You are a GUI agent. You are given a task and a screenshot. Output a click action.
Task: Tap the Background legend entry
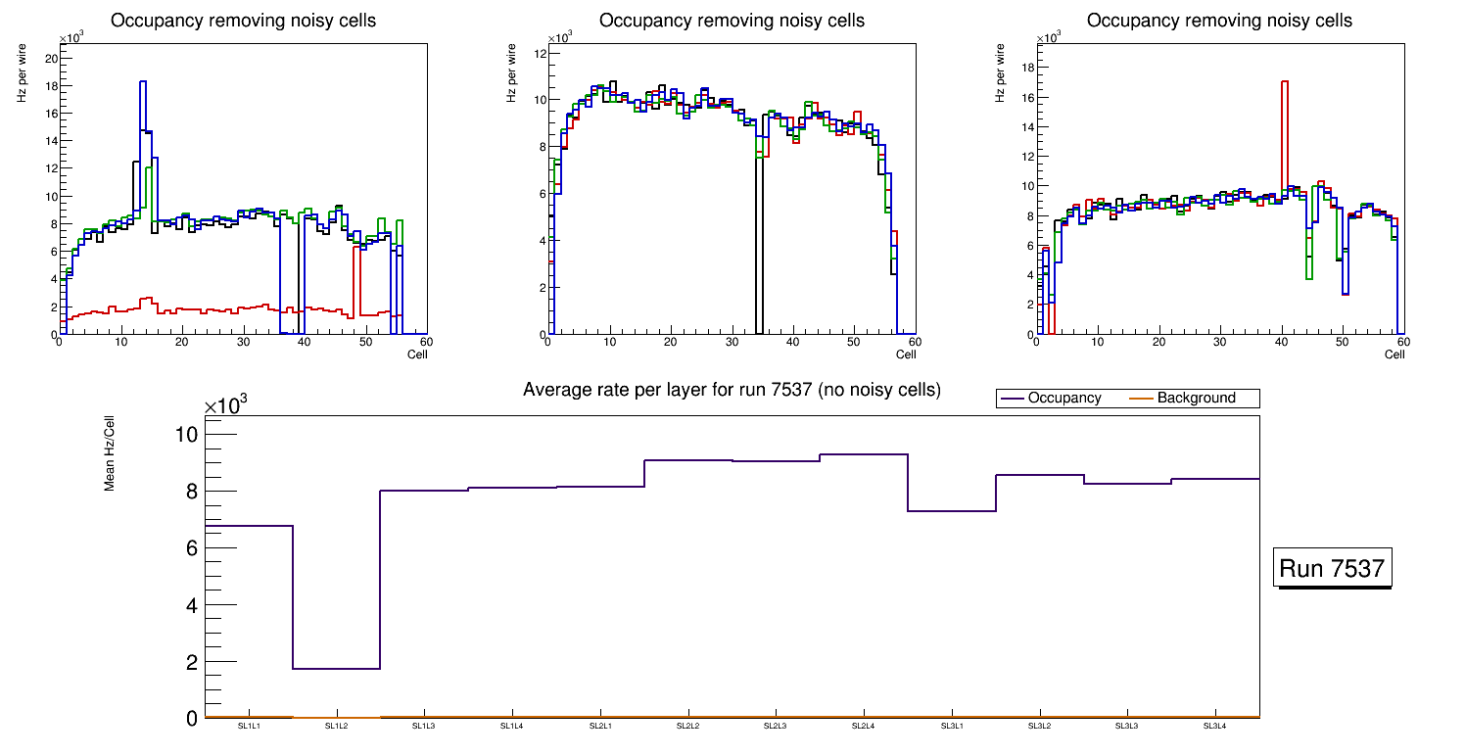(1196, 399)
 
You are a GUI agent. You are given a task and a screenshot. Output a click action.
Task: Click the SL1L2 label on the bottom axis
(337, 726)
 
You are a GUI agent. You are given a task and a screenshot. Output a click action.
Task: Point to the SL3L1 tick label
(951, 726)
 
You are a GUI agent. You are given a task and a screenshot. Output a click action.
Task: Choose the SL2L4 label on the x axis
(863, 726)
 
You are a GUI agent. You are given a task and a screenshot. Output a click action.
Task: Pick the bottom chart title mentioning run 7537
(732, 390)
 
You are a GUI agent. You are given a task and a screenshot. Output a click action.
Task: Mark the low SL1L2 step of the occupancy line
(336, 669)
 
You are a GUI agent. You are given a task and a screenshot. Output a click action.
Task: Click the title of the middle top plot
(732, 21)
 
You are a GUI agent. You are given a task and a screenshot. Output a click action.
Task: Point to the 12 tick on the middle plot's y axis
(538, 53)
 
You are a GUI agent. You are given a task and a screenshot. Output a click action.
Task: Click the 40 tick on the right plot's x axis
(1281, 343)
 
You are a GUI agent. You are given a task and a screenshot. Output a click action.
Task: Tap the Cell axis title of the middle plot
(906, 354)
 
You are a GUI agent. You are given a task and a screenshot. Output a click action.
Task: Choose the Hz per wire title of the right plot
(1000, 76)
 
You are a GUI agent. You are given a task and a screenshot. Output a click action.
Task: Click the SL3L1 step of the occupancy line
(952, 511)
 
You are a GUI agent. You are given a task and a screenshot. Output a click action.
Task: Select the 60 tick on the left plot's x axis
(425, 343)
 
